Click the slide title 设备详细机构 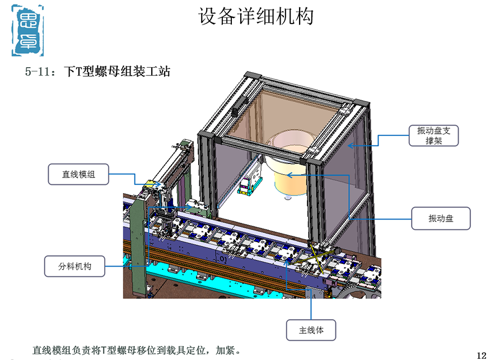(255, 16)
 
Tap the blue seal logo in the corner (27, 31)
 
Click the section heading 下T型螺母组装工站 (117, 71)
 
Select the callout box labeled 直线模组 (78, 174)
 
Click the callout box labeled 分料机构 (74, 266)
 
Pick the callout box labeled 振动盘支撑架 (433, 135)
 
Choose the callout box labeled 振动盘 (441, 218)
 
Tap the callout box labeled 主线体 (311, 330)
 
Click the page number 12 (482, 355)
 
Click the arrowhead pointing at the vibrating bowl (289, 175)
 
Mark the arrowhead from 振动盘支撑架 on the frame (351, 146)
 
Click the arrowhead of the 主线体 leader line (286, 261)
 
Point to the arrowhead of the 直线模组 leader (157, 184)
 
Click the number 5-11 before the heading (38, 71)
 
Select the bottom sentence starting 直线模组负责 (137, 350)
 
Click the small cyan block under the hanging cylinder (245, 191)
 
